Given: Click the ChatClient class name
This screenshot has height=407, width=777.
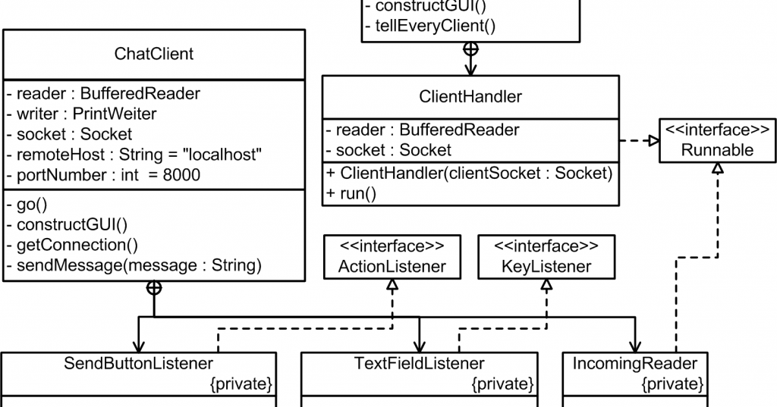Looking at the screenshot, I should coord(153,54).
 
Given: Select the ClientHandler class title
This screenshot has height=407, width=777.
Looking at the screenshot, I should coord(470,96).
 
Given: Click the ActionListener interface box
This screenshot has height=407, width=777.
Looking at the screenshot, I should coord(392,256).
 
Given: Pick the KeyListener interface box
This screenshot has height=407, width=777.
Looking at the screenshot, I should coord(546,256).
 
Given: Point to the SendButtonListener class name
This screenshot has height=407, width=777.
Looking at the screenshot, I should coord(138,363).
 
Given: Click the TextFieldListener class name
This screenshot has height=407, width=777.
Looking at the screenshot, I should coord(419,363).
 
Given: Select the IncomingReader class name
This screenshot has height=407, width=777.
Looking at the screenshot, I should coord(634,363).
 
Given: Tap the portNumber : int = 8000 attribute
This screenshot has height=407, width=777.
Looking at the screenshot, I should coord(103,175).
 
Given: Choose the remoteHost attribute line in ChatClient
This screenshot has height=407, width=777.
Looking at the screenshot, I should coord(134,155).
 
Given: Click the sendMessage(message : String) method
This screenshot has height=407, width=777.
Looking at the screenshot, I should coord(134,265).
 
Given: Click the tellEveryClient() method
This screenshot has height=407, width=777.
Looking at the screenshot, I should coord(429,27).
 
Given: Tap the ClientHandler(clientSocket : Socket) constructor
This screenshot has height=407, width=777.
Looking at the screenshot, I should coord(469,172).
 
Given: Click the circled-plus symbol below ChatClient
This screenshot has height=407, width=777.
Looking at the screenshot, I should coord(154,287).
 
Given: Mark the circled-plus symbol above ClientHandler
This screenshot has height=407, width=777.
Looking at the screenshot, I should coord(470,49).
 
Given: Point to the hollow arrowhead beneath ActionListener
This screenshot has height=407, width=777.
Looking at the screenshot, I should coord(392,284).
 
